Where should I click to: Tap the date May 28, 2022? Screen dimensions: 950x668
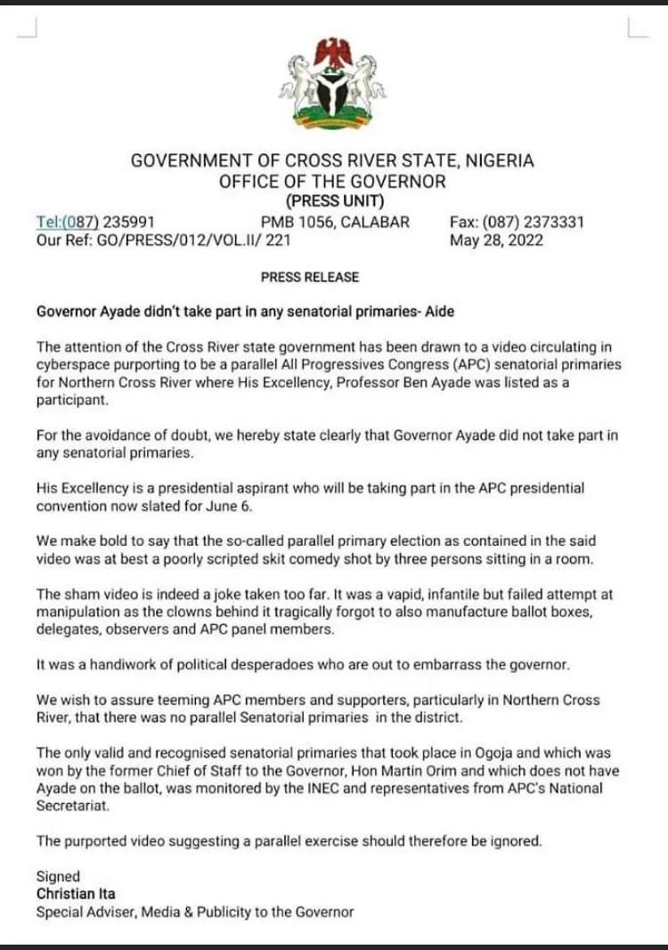[x=496, y=240]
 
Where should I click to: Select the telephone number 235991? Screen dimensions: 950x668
[x=130, y=222]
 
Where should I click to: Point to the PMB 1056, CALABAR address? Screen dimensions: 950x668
[x=335, y=222]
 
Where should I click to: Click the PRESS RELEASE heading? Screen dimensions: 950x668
[x=309, y=277]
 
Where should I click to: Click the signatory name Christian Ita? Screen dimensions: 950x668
[x=76, y=893]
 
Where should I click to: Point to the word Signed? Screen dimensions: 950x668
[x=58, y=876]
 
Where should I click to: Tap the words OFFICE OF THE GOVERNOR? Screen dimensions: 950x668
[x=333, y=182]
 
